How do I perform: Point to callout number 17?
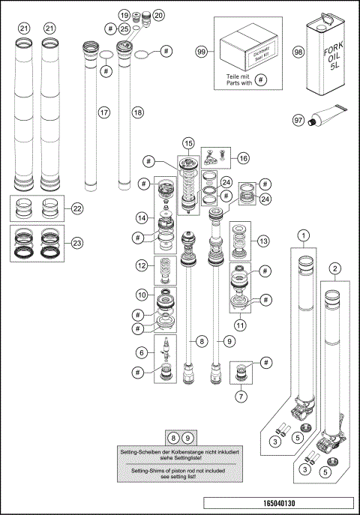[104, 112]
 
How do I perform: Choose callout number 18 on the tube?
[136, 112]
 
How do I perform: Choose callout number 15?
[188, 142]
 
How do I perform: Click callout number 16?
[243, 157]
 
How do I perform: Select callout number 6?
[140, 352]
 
